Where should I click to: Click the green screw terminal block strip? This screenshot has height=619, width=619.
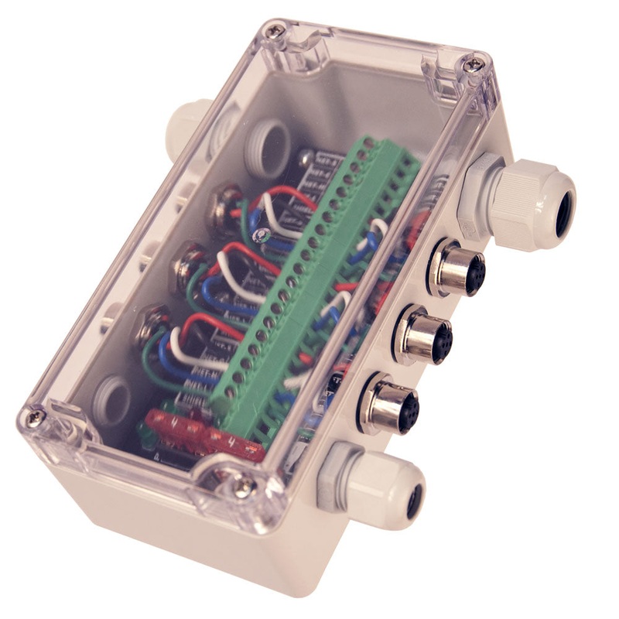tap(309, 279)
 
